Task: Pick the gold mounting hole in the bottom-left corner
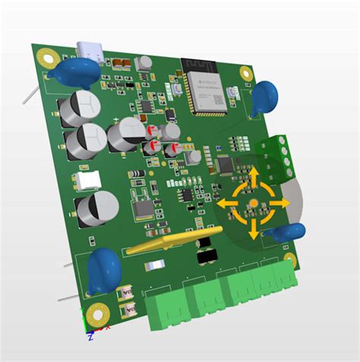96,313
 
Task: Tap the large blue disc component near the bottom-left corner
104,269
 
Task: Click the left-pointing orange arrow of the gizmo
227,204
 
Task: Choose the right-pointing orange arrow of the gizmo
279,205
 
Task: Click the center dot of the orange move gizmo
253,204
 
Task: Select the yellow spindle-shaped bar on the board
169,245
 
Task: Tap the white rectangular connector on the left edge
84,180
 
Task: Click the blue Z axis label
90,335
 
